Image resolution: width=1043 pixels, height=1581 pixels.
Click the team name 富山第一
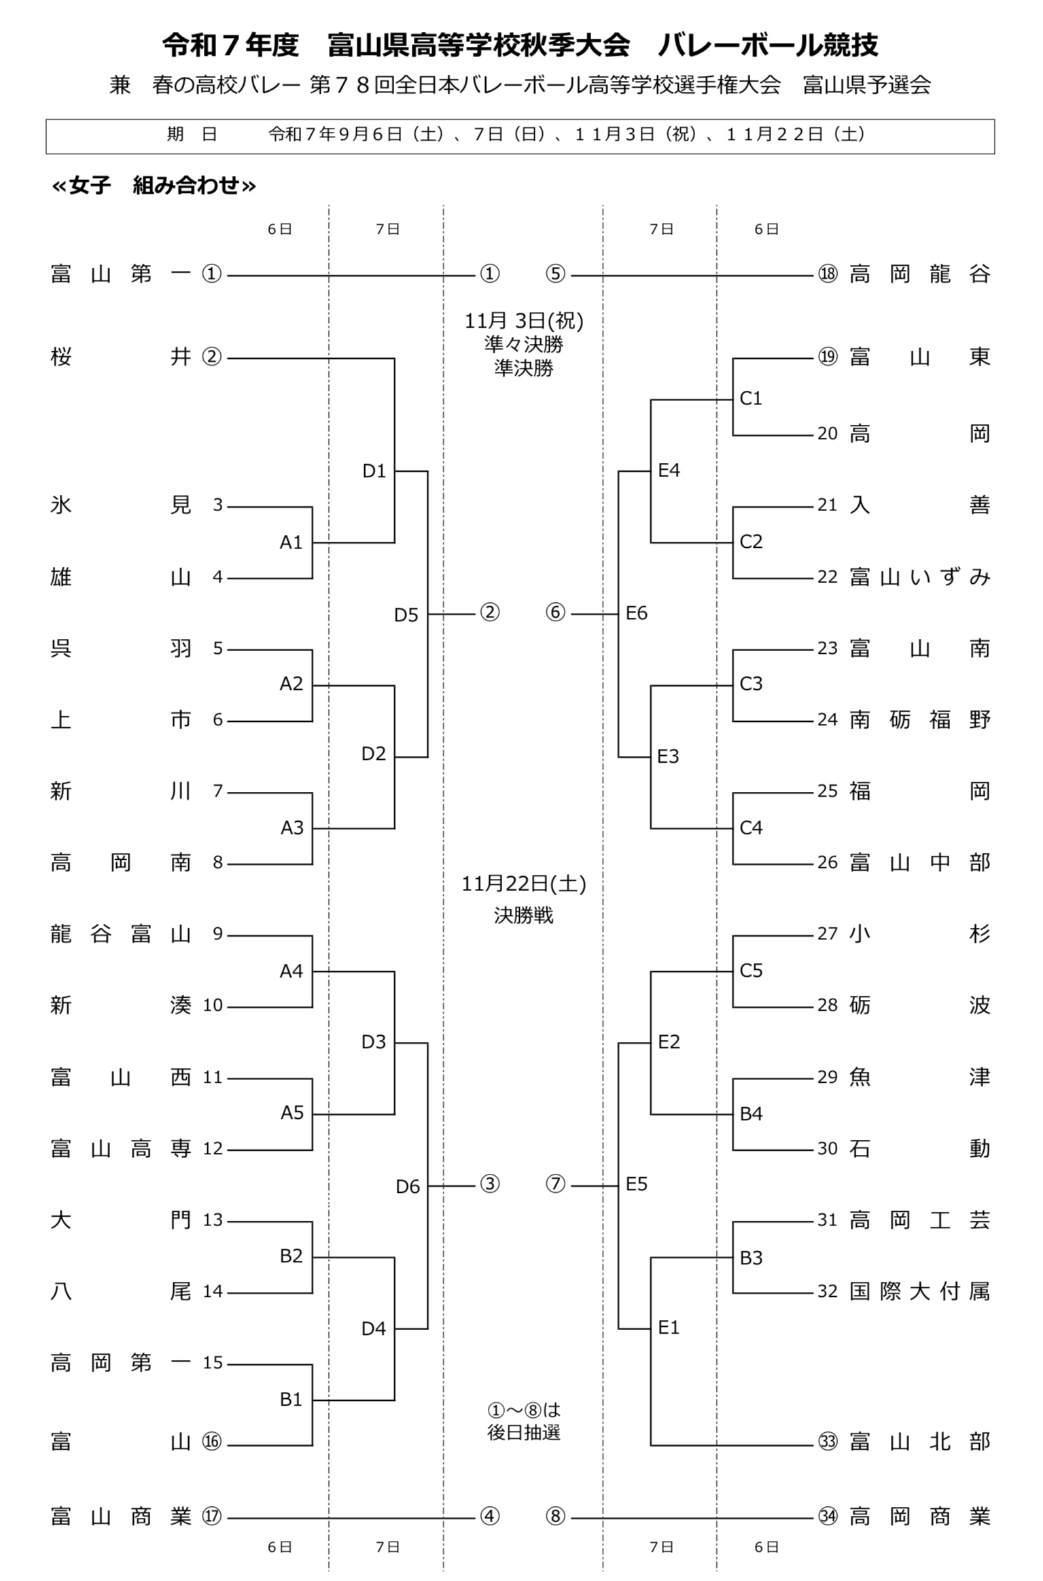point(121,274)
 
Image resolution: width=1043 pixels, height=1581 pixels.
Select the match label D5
point(406,614)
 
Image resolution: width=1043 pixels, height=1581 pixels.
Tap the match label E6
point(637,613)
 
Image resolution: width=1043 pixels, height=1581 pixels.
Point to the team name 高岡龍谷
point(920,274)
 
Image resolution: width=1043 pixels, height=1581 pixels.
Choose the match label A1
point(291,542)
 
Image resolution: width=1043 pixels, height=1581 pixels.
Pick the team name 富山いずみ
point(920,577)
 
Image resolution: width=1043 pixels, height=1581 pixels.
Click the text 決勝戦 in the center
point(523,916)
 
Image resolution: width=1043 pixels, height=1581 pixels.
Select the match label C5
point(751,971)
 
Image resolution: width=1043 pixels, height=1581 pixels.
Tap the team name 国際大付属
point(920,1291)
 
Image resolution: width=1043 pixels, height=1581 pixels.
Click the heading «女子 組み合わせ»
point(154,185)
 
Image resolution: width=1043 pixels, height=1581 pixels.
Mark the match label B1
point(291,1399)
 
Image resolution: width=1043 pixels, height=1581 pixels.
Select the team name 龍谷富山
point(121,934)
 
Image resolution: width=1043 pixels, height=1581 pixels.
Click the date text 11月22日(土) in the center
point(523,884)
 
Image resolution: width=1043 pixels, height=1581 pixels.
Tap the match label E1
point(669,1327)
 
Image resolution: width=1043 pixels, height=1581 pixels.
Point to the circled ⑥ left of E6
point(555,612)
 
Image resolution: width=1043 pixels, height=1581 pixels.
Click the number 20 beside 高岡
point(828,433)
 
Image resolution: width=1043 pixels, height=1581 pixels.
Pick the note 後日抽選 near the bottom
point(523,1431)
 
